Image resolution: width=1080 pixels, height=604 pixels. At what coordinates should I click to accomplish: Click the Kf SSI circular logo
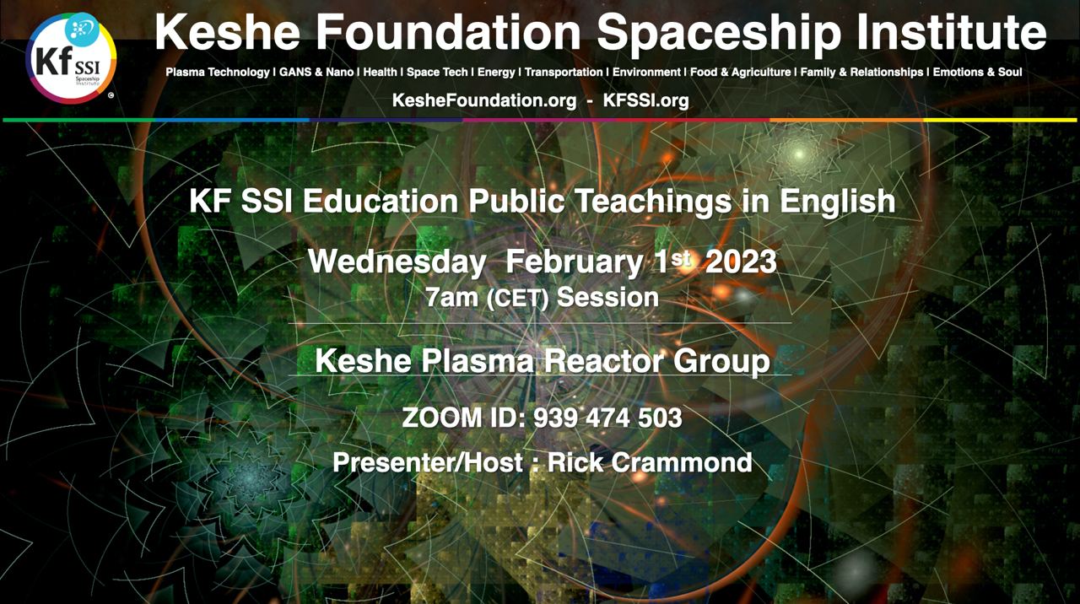(71, 58)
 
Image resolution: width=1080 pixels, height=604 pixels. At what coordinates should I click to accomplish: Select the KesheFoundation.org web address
(484, 100)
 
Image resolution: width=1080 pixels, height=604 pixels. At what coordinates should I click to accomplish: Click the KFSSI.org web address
(645, 100)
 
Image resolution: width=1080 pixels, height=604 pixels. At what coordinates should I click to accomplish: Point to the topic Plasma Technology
(218, 73)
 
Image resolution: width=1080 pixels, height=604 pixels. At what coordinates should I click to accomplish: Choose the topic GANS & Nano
(316, 73)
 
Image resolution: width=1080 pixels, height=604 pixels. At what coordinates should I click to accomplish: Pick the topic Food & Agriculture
(741, 73)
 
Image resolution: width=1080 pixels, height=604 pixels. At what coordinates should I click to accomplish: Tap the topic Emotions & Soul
(977, 73)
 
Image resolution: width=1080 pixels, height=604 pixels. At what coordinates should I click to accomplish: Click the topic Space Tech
(437, 73)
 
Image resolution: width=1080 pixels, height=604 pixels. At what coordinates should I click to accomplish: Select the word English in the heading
(838, 202)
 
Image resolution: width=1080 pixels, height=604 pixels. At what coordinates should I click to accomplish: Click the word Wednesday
(397, 262)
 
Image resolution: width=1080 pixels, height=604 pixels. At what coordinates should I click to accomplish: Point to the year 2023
(741, 262)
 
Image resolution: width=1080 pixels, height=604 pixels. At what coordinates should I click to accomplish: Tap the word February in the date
(574, 262)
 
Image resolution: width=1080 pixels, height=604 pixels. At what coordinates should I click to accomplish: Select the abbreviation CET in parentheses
(517, 299)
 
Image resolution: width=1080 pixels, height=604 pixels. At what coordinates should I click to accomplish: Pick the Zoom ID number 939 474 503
(607, 418)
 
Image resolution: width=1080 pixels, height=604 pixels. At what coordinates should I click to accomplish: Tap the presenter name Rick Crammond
(650, 462)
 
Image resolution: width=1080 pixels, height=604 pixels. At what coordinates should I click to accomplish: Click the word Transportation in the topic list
(564, 73)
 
